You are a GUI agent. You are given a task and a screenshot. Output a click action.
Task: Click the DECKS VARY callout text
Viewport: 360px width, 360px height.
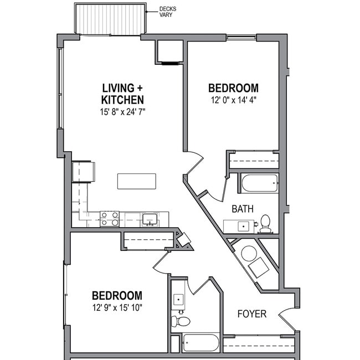(167, 12)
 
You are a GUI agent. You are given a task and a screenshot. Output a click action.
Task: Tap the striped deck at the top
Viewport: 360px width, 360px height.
(110, 19)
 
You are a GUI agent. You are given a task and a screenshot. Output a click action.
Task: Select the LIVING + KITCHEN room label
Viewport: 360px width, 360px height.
(123, 94)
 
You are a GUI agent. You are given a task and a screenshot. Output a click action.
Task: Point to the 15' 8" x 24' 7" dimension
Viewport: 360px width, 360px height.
(123, 112)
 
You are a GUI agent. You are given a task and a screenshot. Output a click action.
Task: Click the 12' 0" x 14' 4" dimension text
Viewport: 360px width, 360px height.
(233, 100)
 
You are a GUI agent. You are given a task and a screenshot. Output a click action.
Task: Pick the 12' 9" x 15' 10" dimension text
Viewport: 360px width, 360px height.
(117, 308)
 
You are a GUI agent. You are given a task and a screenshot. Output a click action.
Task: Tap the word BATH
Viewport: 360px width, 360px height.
(242, 209)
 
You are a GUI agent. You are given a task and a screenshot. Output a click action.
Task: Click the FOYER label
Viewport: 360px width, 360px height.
(252, 314)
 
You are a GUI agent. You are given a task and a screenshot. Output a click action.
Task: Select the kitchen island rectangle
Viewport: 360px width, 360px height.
(136, 181)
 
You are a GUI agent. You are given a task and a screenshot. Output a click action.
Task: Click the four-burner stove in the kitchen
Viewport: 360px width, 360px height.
(110, 219)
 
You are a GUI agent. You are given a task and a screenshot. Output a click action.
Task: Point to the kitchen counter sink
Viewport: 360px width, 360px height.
(149, 219)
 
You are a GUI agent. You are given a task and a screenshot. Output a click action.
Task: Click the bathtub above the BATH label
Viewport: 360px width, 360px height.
(259, 183)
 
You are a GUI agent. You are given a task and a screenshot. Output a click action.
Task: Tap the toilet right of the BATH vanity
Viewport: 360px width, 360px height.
(266, 223)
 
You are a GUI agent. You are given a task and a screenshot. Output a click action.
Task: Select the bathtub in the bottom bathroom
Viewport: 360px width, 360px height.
(200, 342)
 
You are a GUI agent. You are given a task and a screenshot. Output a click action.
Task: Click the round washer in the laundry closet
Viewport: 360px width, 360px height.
(249, 254)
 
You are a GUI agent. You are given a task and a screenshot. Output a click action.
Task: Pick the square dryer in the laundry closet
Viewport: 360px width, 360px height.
(259, 269)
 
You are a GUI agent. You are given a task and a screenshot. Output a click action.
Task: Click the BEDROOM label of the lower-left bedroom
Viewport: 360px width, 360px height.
(117, 296)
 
